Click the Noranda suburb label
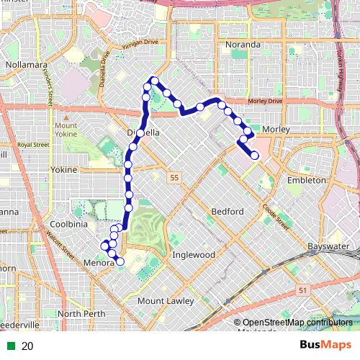click(x=243, y=45)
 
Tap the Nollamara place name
click(x=26, y=64)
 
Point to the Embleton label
click(x=307, y=180)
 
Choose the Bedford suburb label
click(x=228, y=211)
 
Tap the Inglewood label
click(x=194, y=255)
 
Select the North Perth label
click(x=81, y=314)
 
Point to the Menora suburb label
click(x=98, y=263)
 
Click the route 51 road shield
click(x=302, y=289)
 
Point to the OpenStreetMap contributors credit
click(x=292, y=323)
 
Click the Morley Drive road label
click(x=265, y=102)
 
